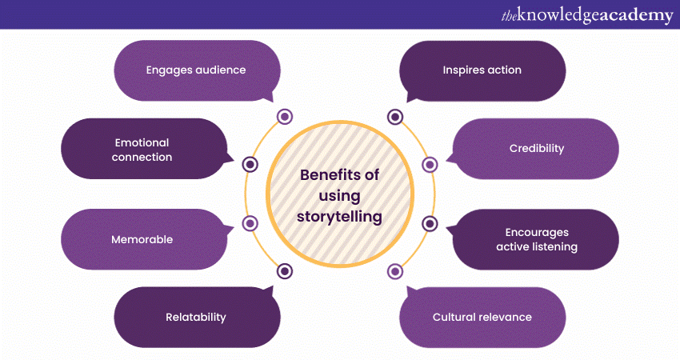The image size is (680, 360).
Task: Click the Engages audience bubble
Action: (196, 70)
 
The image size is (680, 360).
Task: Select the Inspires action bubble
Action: (482, 70)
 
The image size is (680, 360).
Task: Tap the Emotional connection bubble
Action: (142, 150)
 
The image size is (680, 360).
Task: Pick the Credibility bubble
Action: (537, 149)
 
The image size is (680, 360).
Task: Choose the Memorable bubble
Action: (142, 239)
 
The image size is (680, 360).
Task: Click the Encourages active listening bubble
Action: (537, 239)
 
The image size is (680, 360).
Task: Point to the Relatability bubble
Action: (196, 317)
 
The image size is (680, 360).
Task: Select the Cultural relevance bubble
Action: (482, 317)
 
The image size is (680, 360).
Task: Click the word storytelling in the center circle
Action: (340, 216)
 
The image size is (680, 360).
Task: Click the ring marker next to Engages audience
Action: (285, 118)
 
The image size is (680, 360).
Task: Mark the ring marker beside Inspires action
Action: (395, 118)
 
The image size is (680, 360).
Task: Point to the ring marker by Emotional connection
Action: (250, 164)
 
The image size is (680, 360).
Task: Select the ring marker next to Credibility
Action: (430, 164)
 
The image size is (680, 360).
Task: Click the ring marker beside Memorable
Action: (250, 224)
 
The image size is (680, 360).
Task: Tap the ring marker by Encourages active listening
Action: (430, 224)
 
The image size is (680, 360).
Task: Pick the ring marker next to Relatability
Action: (285, 271)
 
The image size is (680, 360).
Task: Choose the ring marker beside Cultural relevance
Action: (395, 271)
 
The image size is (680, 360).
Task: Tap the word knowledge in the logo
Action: (557, 15)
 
